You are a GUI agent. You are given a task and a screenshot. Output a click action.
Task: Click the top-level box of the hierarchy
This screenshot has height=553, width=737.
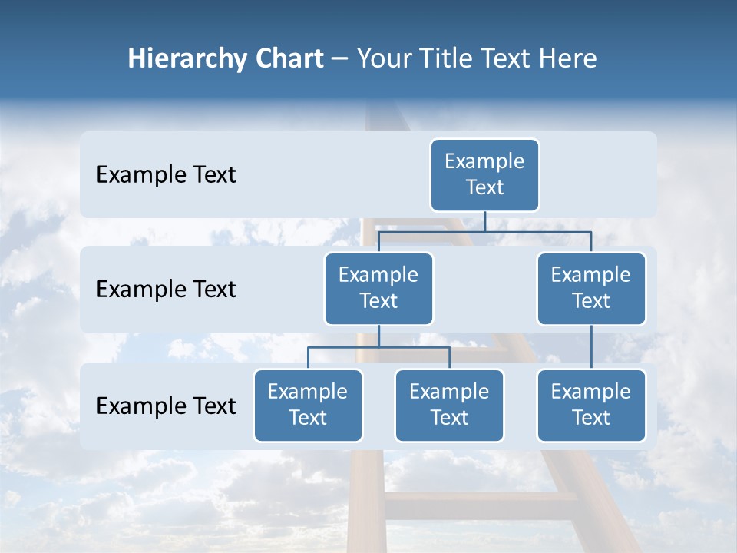coord(484,174)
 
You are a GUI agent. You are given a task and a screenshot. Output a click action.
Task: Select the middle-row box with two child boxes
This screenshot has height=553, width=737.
coord(378,288)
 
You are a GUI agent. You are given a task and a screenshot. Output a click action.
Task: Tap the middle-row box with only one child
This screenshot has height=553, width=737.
coord(591,288)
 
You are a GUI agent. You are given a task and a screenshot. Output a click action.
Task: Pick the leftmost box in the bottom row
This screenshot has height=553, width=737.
coord(308,405)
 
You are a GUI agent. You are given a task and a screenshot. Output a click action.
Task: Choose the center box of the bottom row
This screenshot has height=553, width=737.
coord(449,405)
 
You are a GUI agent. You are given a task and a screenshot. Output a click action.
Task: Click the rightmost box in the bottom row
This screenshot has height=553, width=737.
coord(591,405)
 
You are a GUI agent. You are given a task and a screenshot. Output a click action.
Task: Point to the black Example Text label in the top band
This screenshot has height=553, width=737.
coord(166,175)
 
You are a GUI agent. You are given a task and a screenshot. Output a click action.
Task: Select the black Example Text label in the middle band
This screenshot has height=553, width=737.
coord(166,290)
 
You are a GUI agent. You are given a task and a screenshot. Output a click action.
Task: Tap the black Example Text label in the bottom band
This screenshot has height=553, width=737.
coord(166,406)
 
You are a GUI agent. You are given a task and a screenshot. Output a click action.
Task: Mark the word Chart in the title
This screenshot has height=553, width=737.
coord(284,59)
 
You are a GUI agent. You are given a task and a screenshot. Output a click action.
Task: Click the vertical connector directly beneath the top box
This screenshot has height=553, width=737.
coord(484,221)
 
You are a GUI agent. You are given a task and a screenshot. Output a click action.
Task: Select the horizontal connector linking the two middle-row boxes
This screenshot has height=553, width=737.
coord(484,231)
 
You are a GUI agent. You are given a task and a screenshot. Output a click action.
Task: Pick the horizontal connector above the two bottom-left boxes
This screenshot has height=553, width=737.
coord(378,347)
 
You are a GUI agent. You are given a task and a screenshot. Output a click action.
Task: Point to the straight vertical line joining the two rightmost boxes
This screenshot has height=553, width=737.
coord(591,347)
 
